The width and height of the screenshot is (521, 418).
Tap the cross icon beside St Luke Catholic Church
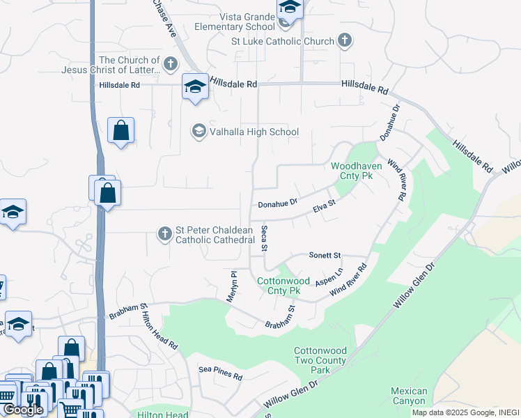pyautogui.click(x=345, y=41)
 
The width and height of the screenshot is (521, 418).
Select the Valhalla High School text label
pyautogui.click(x=254, y=132)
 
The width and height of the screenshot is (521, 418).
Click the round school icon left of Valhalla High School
pyautogui.click(x=199, y=131)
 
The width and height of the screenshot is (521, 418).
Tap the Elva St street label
pyautogui.click(x=324, y=208)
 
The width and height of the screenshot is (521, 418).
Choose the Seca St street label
pyautogui.click(x=264, y=238)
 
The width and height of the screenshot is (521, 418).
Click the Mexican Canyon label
pyautogui.click(x=408, y=396)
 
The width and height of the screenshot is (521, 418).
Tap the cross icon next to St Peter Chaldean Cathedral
pyautogui.click(x=164, y=233)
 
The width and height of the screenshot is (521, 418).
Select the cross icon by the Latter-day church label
pyautogui.click(x=170, y=65)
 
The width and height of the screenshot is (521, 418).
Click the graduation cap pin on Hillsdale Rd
pyautogui.click(x=195, y=87)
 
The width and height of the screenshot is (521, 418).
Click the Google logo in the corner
pyautogui.click(x=22, y=410)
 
